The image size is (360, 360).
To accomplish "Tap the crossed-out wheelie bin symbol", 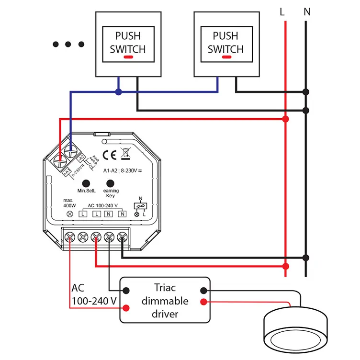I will (125, 154).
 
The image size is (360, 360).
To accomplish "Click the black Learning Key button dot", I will (111, 183).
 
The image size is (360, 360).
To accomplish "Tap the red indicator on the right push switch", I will (226, 57).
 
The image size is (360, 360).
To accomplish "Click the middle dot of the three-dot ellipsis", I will (68, 45).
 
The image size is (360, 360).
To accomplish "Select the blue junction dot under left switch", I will (119, 91).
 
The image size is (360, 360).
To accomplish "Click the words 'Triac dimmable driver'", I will (165, 301).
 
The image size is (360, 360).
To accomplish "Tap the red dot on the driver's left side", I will (127, 308).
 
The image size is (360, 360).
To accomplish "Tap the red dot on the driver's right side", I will (204, 302).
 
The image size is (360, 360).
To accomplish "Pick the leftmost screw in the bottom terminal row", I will (70, 236).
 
